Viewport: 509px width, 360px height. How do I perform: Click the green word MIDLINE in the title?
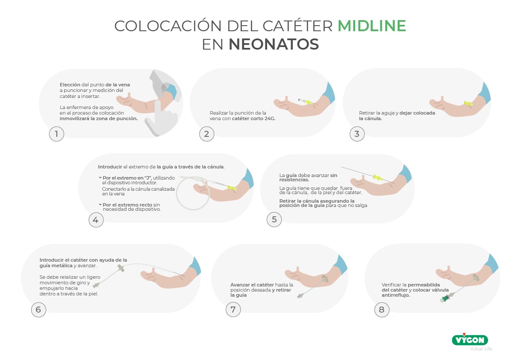coord(372,26)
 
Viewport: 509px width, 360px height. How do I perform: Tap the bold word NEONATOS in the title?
coord(274,44)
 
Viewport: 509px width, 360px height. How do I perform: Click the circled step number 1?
coord(56,134)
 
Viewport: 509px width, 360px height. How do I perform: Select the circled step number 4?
coord(96,220)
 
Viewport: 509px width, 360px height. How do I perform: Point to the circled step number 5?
coord(274,219)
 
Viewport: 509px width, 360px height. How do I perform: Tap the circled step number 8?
coord(382,310)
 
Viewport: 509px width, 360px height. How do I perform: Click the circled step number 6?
coord(38,310)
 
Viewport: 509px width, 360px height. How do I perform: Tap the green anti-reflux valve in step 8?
coord(446,297)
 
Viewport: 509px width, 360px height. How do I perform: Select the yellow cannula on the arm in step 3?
coord(468,103)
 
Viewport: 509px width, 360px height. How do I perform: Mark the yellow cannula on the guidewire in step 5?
coord(378,177)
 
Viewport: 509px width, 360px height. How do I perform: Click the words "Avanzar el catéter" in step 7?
coord(252,285)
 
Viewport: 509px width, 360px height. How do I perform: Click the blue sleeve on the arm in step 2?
coord(329,92)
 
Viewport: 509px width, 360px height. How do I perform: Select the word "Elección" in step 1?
coord(70,85)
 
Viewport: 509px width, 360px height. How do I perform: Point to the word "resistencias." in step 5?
coord(294,180)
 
